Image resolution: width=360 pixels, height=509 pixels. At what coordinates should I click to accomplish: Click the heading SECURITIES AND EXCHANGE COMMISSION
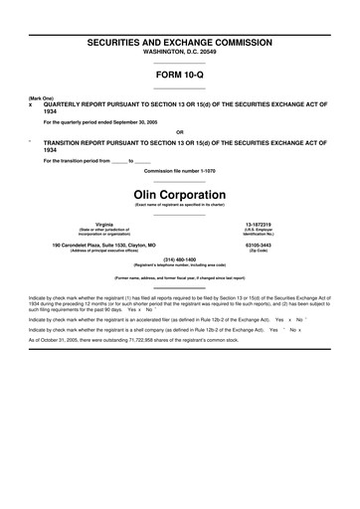click(x=180, y=45)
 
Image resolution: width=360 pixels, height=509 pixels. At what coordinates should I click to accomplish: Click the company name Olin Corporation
click(x=180, y=193)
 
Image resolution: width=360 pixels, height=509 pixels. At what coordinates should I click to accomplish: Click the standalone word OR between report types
click(x=179, y=131)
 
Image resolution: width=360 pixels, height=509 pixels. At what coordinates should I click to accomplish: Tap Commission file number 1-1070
click(x=180, y=170)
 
